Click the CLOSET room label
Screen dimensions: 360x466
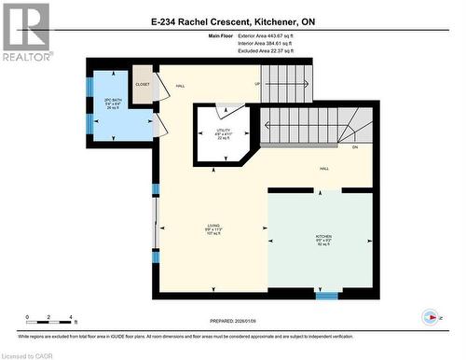tap(142, 83)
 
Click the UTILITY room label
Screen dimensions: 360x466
tap(223, 133)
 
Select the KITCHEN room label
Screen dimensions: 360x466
tap(323, 238)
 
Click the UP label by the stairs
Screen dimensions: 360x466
tap(256, 86)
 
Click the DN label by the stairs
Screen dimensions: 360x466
tap(355, 147)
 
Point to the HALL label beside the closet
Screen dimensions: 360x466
tap(180, 87)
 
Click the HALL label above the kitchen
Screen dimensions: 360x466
tap(323, 169)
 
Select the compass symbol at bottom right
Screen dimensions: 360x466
tap(430, 315)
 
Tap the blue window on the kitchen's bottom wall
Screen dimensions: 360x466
tap(326, 296)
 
